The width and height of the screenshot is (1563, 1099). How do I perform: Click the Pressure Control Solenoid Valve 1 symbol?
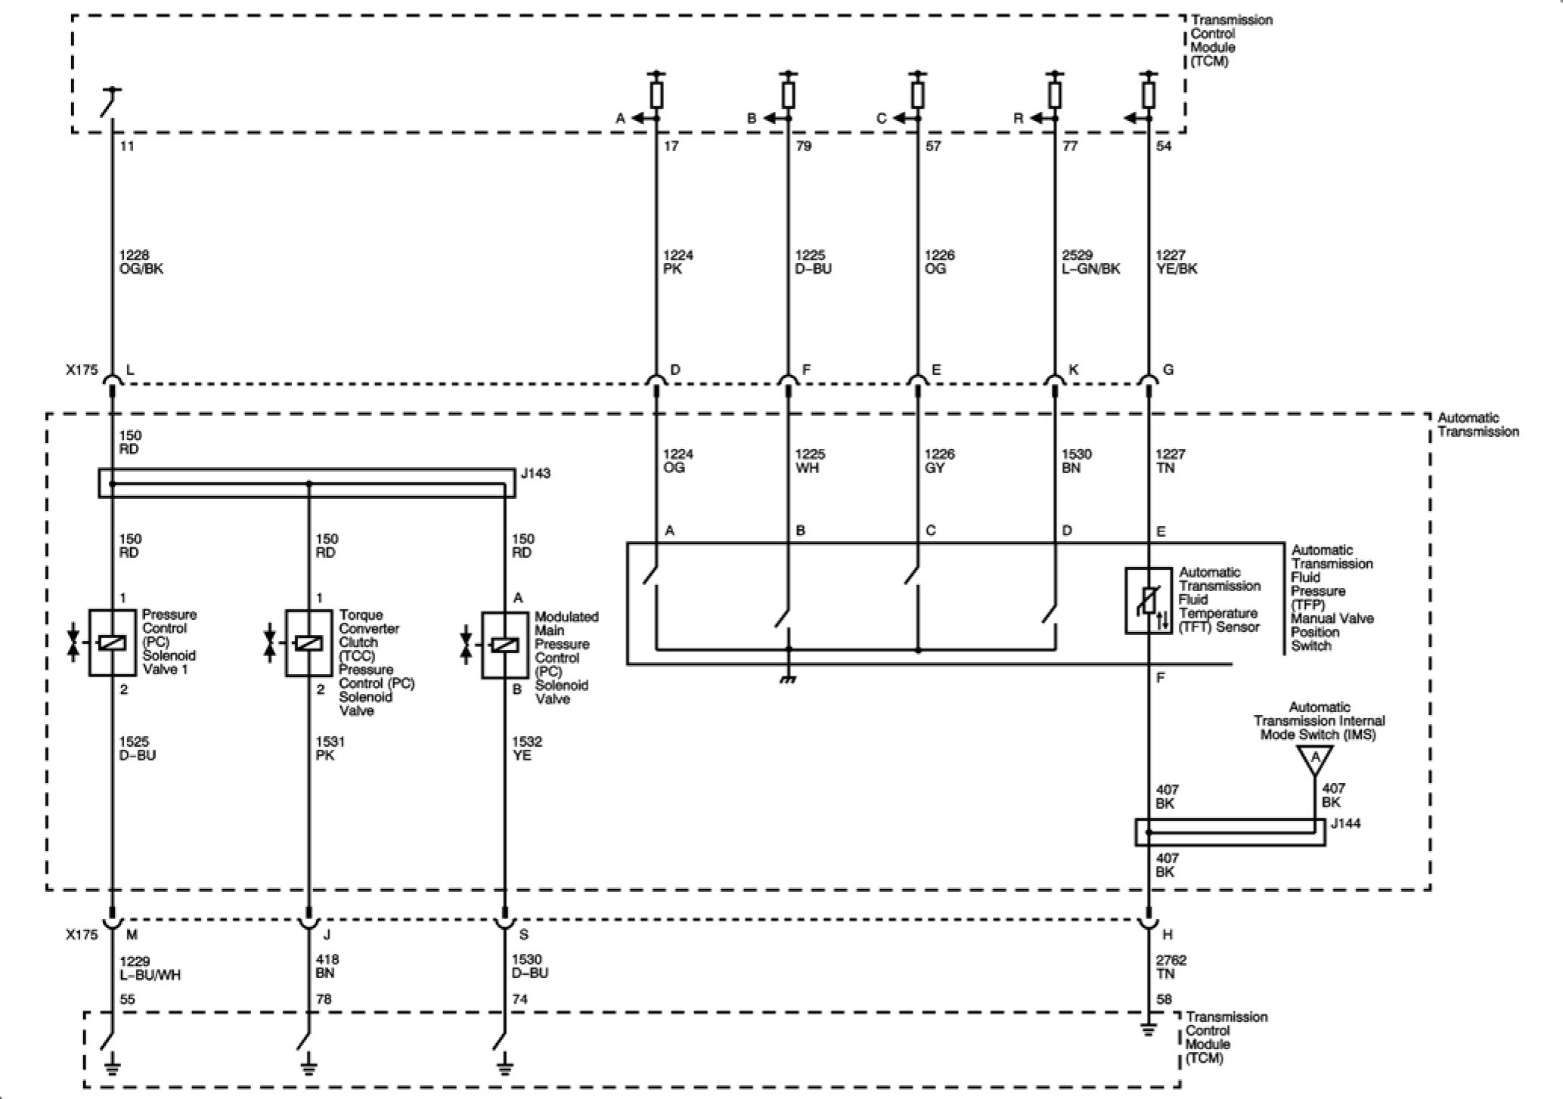tap(112, 642)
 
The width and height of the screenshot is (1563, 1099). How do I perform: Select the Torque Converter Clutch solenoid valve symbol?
tap(308, 643)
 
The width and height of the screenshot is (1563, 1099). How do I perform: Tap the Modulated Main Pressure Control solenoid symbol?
tap(504, 645)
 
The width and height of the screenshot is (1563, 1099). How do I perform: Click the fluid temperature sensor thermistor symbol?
tap(1148, 601)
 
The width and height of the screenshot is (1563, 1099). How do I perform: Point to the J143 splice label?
tap(535, 474)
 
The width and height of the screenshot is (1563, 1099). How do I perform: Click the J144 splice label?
tap(1345, 823)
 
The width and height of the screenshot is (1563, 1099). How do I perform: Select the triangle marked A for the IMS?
tap(1315, 758)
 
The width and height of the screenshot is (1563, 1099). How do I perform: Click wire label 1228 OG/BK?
tap(141, 262)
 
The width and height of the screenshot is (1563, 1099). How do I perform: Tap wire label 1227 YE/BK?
tap(1177, 262)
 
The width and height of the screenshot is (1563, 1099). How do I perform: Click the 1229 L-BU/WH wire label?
tap(150, 967)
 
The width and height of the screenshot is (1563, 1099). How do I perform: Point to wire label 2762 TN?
tap(1171, 967)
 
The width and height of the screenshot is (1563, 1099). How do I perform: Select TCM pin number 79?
tap(803, 146)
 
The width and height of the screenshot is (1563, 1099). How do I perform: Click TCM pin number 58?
tap(1164, 999)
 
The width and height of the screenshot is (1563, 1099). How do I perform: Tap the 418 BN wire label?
tap(327, 967)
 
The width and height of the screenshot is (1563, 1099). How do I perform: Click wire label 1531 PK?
tap(330, 748)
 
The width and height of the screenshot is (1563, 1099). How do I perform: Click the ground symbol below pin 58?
tap(1148, 1029)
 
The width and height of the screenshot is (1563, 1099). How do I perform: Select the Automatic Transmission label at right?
tap(1478, 425)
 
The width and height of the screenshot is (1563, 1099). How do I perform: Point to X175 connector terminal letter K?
tap(1073, 370)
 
